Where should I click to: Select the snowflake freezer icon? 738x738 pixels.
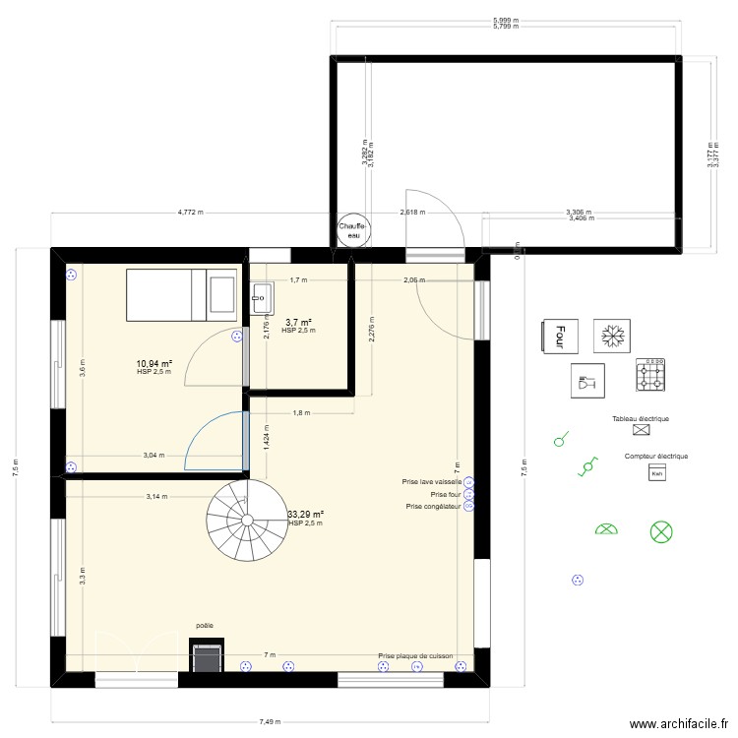(611, 336)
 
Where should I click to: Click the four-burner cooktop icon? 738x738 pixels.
(650, 374)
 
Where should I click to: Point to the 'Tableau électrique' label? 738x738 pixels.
(640, 419)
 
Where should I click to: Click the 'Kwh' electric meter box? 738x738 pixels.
(656, 474)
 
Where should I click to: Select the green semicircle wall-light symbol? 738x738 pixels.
(606, 530)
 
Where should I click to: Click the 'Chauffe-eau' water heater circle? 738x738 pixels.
(354, 229)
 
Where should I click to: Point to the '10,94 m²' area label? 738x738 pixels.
(155, 364)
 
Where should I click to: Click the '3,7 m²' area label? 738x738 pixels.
(298, 323)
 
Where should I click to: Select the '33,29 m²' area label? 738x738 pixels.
(305, 514)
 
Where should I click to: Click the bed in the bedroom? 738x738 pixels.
(181, 294)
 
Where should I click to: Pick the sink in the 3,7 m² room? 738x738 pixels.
(262, 293)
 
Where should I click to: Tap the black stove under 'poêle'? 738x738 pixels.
(206, 656)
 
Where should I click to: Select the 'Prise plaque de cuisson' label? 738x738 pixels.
(416, 655)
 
